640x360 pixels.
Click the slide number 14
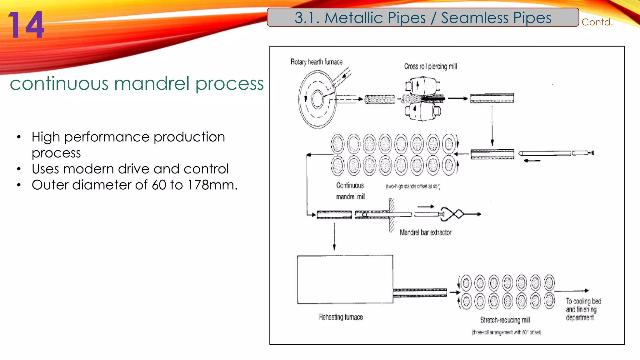[x=26, y=25]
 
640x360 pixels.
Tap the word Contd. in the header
[x=597, y=22]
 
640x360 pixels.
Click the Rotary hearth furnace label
[x=316, y=62]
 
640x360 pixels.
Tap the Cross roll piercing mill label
[x=430, y=66]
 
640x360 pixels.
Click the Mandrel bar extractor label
[x=425, y=232]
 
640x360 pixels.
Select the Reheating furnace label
[x=341, y=317]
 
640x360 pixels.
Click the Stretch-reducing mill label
[x=505, y=320]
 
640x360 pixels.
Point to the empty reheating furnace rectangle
[x=345, y=279]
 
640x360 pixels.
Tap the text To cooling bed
[x=583, y=301]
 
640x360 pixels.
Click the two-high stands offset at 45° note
[x=413, y=187]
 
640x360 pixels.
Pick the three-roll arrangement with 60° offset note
[x=506, y=332]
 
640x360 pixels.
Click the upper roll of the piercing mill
[x=422, y=85]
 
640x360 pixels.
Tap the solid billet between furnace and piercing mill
[x=380, y=99]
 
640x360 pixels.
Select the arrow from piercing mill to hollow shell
[x=457, y=99]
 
